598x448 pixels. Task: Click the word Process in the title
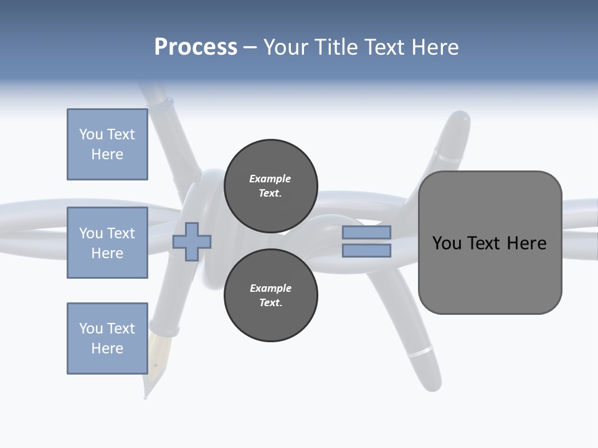[196, 47]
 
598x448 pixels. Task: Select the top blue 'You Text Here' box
[107, 144]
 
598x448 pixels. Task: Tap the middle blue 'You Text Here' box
[107, 243]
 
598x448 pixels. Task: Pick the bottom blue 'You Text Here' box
[107, 338]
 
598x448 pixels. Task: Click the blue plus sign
[192, 242]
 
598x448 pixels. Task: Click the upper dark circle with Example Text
[270, 185]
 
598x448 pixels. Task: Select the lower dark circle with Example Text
[270, 295]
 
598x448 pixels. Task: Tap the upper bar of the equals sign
[366, 233]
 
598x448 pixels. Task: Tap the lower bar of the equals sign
[366, 251]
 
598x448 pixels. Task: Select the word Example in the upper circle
[270, 179]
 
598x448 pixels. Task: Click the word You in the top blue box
[90, 134]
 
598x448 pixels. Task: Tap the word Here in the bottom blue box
[107, 348]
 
